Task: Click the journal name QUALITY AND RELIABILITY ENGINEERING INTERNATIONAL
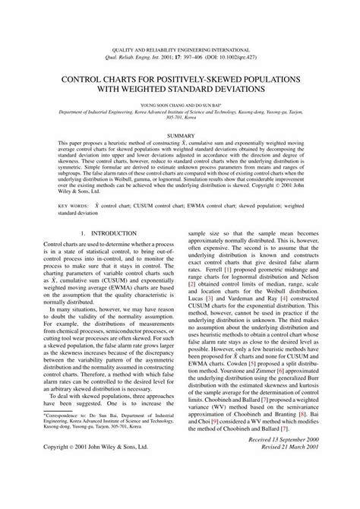pos(180,46)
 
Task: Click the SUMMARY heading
pos(180,134)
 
